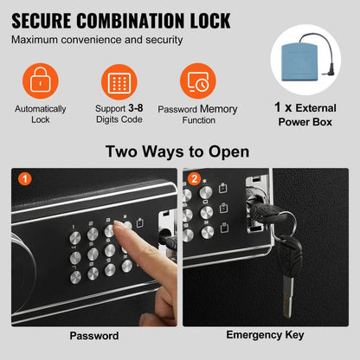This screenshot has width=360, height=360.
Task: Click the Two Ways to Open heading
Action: pos(179,152)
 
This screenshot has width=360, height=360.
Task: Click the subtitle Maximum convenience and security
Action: pos(99,41)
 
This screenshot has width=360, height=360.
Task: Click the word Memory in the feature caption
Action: pos(219,110)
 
